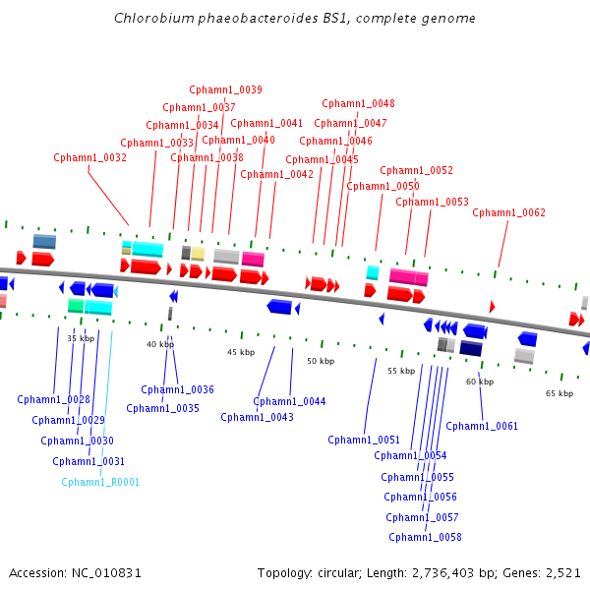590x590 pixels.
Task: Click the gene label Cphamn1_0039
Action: tap(225, 90)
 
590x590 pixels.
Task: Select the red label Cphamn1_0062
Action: tap(508, 212)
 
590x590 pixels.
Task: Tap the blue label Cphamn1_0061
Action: tap(482, 426)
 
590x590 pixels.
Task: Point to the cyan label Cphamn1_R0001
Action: tap(100, 482)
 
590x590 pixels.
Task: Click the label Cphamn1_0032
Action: tap(89, 157)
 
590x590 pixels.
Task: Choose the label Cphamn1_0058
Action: tap(425, 537)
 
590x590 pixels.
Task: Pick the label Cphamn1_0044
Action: tap(289, 401)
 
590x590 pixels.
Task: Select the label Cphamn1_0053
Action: tap(432, 202)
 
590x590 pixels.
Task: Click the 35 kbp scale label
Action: tap(81, 338)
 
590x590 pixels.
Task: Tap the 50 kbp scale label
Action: tap(321, 361)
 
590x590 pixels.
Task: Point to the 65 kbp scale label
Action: tap(559, 393)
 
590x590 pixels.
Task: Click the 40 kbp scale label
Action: tap(160, 344)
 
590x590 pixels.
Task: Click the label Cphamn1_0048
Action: tap(359, 103)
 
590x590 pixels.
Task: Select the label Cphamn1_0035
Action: tap(162, 408)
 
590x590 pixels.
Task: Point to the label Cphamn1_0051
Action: tap(364, 440)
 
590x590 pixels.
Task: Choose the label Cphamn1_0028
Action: tap(53, 399)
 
